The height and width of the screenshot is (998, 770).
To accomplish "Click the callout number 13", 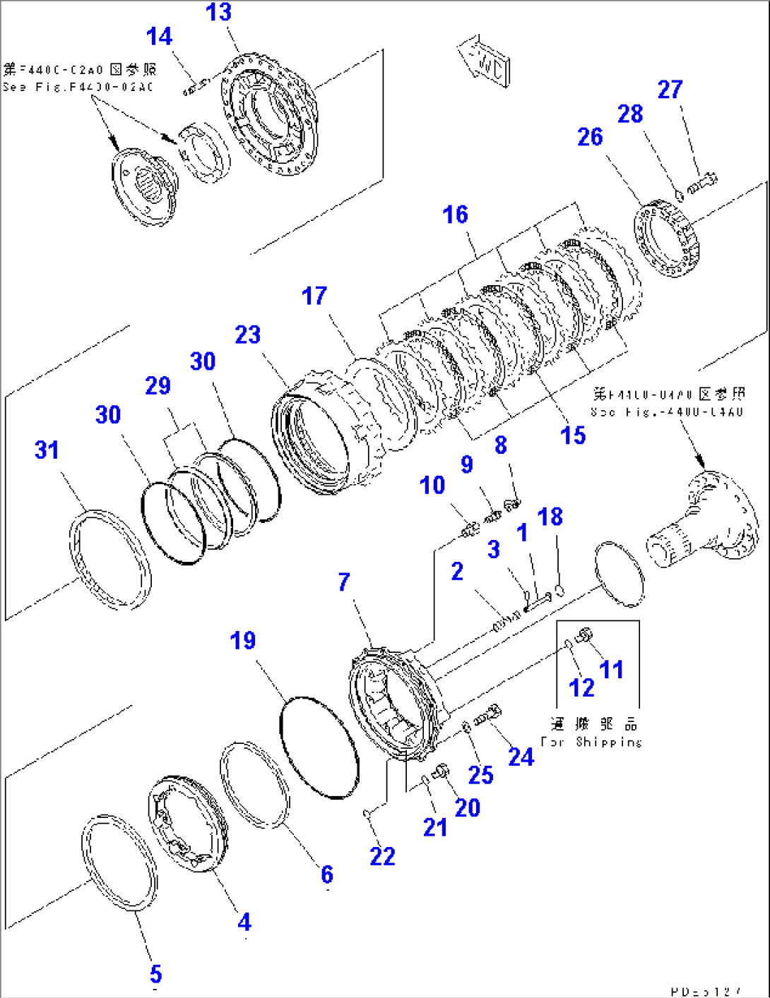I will point(218,12).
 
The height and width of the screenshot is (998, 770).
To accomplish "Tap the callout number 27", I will point(670,90).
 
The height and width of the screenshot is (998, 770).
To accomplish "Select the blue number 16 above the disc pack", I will point(455,215).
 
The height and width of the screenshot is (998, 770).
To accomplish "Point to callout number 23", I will point(247,335).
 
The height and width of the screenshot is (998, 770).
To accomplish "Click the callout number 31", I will point(47,450).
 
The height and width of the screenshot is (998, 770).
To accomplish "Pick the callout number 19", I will point(243,641).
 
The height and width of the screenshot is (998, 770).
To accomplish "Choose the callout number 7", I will point(344,582).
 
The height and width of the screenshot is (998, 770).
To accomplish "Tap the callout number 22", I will point(382,856).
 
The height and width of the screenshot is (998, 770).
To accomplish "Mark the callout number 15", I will point(573,435).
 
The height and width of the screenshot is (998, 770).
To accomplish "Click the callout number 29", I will point(158,385).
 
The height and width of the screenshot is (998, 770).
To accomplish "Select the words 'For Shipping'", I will point(591,742).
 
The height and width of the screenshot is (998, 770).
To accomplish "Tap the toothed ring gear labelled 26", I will point(666,240).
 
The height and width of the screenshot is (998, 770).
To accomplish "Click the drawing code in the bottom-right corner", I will point(706,990).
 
